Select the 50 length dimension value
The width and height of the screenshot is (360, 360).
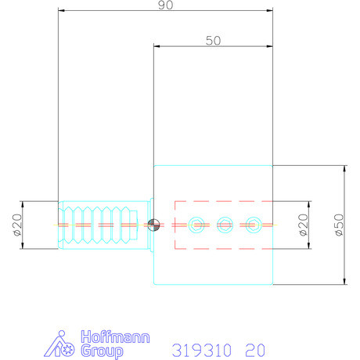pos(213,41)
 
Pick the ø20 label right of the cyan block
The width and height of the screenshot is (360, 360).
pos(303,225)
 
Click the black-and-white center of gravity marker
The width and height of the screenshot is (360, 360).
pos(154,225)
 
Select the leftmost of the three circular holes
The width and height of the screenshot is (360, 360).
pos(196,225)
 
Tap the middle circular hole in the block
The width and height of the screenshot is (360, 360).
pos(224,225)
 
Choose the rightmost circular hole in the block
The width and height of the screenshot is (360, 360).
pos(252,225)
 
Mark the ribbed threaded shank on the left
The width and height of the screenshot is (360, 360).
pos(99,225)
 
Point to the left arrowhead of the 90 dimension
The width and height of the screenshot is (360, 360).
pos(62,12)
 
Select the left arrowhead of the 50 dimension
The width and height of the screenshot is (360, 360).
pos(157,48)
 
